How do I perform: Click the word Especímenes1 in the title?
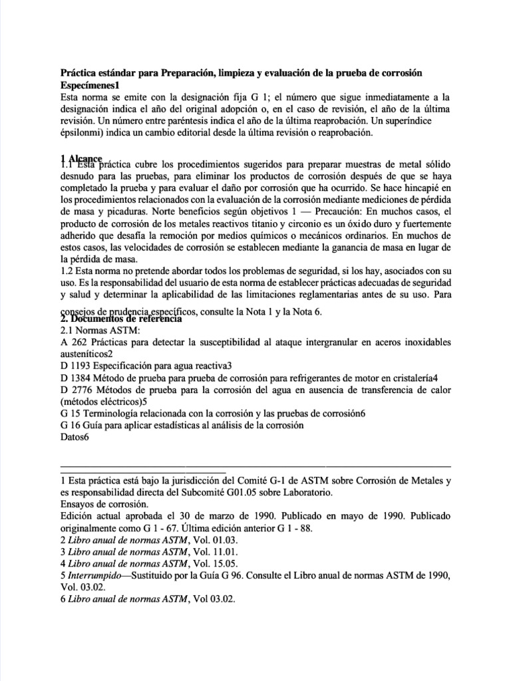coord(90,85)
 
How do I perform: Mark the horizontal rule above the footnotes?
coord(255,468)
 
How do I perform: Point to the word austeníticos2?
coord(86,354)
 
